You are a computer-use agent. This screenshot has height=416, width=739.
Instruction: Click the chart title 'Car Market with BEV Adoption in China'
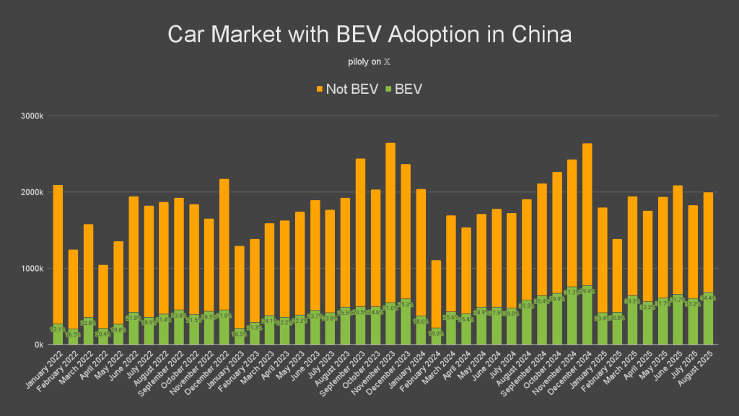[369, 35]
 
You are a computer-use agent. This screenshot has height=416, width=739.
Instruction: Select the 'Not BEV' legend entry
[346, 89]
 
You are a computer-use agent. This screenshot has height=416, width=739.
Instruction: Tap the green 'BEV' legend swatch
[388, 89]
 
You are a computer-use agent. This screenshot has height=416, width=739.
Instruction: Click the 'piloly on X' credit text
[369, 62]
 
